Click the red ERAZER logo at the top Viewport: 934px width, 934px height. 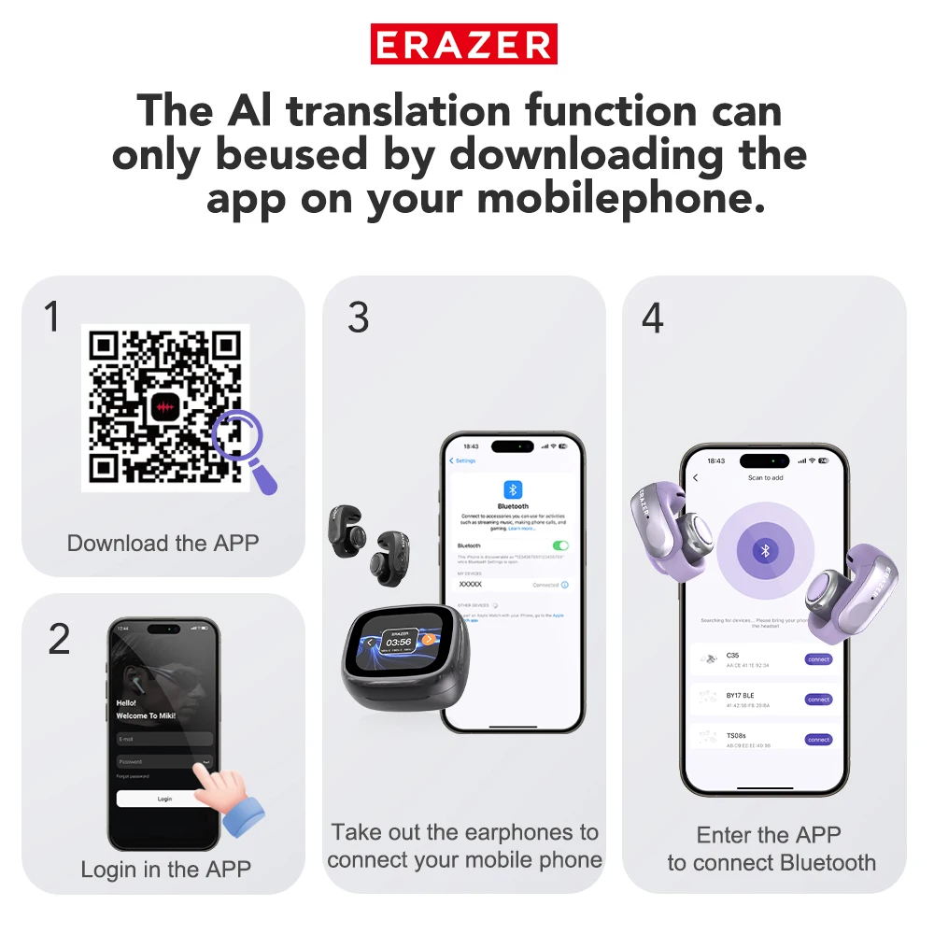[x=464, y=45]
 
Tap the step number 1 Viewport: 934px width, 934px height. [x=52, y=318]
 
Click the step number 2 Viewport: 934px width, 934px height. [x=58, y=640]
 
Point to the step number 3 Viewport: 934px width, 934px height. [x=358, y=318]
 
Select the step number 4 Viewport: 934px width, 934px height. [x=652, y=318]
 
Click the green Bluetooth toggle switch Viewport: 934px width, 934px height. [x=560, y=545]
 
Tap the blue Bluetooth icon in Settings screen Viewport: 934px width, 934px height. [x=513, y=489]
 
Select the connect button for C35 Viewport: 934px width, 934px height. [x=818, y=659]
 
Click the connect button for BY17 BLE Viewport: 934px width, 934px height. [x=818, y=700]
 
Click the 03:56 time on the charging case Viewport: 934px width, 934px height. [x=400, y=642]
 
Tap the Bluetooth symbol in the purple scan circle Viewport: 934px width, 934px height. [x=765, y=551]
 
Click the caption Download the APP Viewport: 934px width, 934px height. [x=163, y=543]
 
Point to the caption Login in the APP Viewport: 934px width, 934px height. [x=165, y=870]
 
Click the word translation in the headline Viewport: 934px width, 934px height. [x=399, y=111]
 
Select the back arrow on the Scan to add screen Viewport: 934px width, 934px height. [x=696, y=478]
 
